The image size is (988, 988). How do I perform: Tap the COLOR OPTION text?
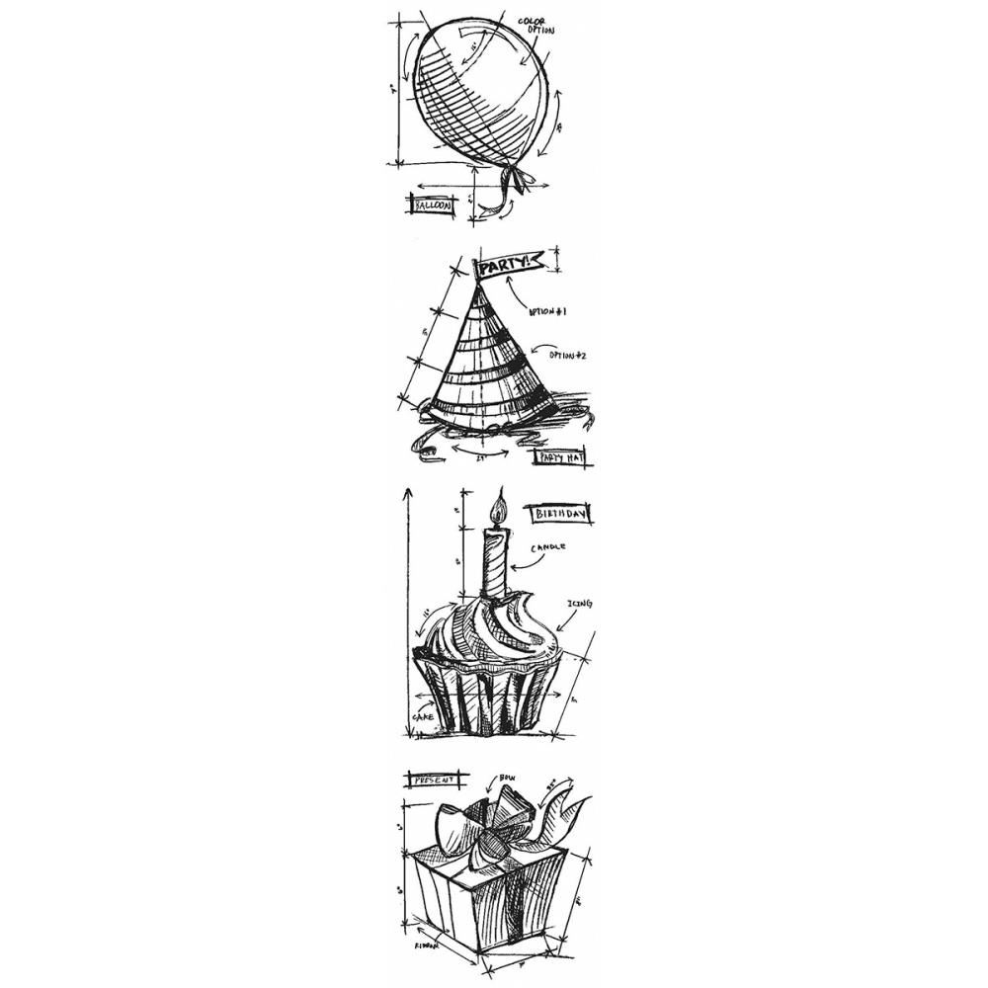coord(537,26)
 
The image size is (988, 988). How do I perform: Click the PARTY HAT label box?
coord(559,456)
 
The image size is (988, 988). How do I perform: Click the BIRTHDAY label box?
coord(558,514)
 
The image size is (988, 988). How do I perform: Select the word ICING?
coord(580,603)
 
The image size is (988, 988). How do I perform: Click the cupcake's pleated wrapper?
coord(484,697)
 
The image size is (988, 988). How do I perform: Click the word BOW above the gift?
coord(509,780)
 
